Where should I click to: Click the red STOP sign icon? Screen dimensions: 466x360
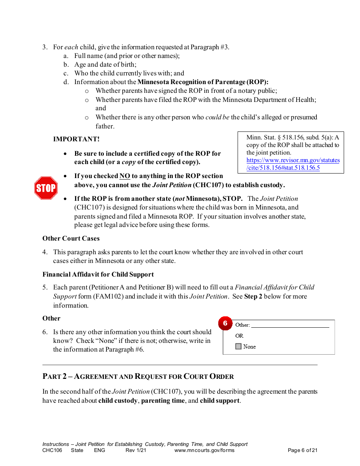[46, 188]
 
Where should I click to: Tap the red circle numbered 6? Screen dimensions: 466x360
[225, 323]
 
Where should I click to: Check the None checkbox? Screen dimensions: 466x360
[238, 346]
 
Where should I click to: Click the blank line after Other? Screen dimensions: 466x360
[290, 325]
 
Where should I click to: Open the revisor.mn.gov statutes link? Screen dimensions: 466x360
[293, 164]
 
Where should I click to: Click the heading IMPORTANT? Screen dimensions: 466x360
[76, 139]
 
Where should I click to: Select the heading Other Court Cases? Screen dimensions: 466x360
[71, 238]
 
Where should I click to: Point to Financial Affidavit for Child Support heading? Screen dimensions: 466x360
[98, 274]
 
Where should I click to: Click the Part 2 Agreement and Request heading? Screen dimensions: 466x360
[138, 376]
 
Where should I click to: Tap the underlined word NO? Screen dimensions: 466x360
[125, 176]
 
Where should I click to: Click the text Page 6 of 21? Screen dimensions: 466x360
[302, 450]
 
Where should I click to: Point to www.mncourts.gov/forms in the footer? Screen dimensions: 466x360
[204, 450]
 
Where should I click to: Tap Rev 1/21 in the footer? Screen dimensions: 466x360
[136, 450]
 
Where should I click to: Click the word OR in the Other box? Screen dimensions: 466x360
[239, 336]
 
